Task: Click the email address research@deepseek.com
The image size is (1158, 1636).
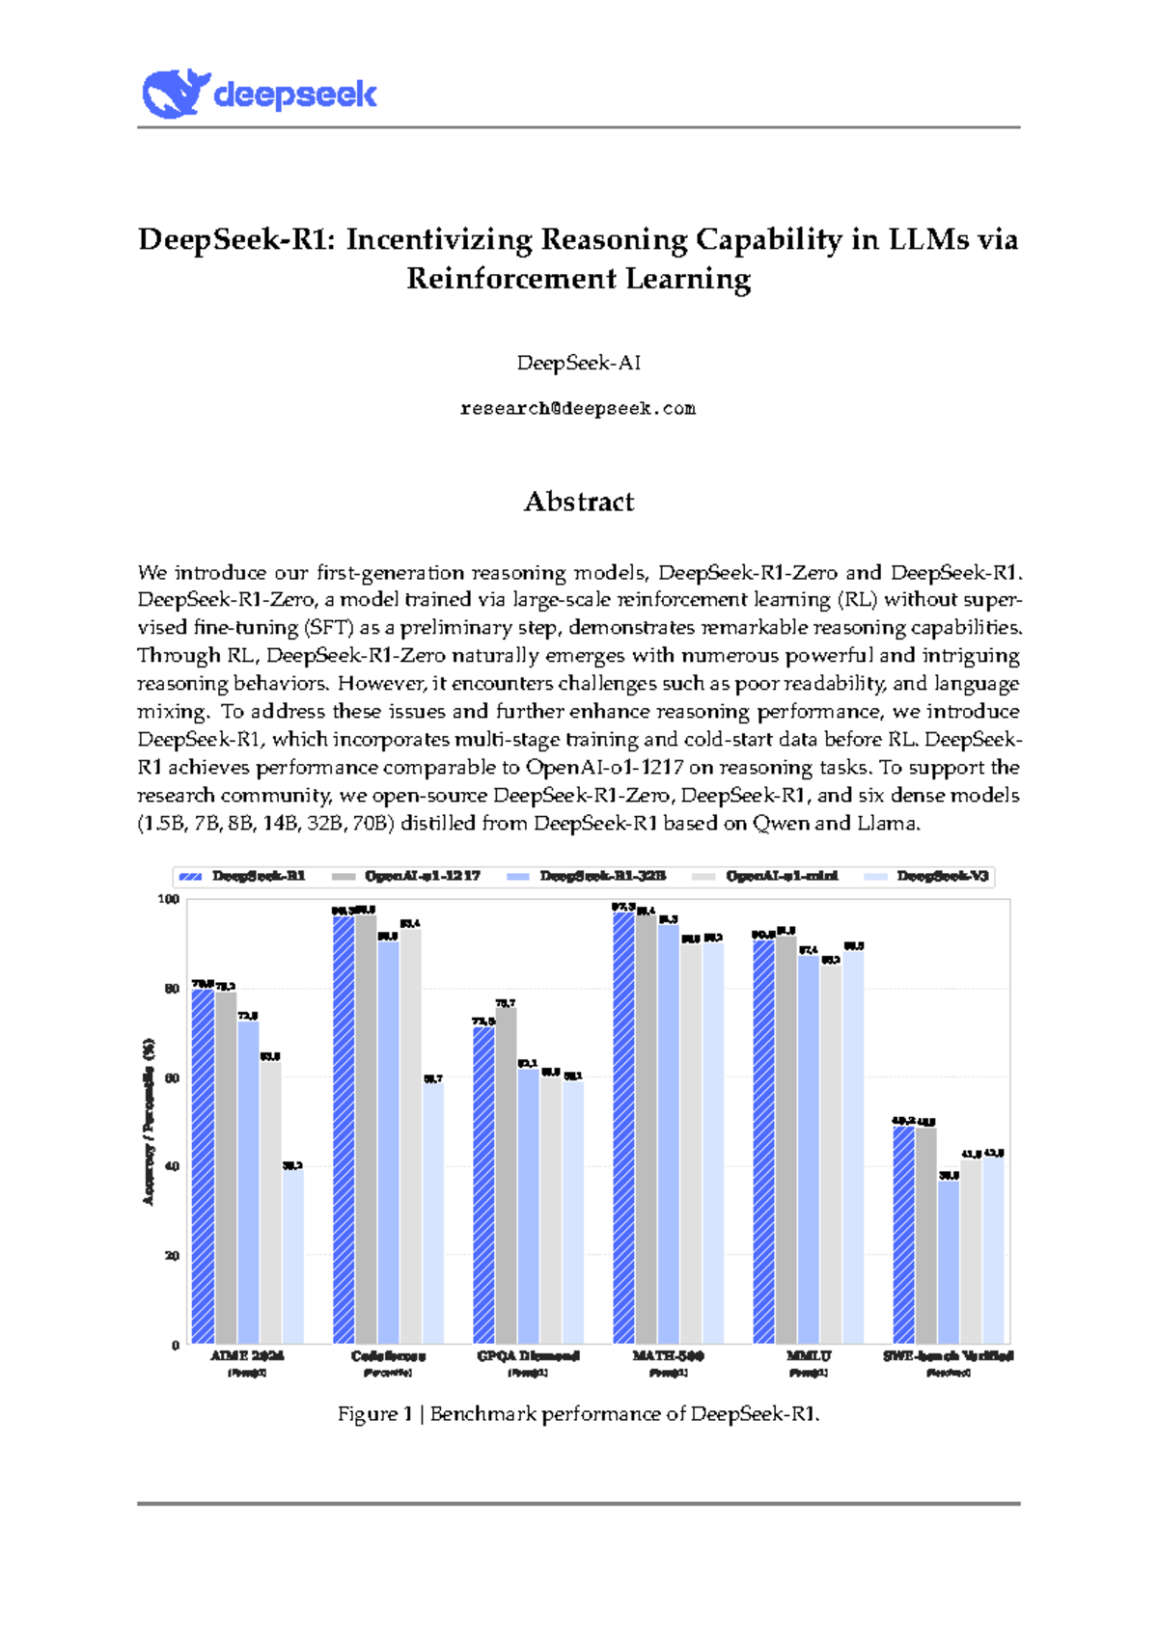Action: (x=578, y=409)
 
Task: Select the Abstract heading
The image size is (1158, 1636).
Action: (x=578, y=502)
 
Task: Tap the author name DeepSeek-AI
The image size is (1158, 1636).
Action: (x=578, y=364)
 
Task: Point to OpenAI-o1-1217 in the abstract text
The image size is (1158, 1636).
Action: (x=604, y=768)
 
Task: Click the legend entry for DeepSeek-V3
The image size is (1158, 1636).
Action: (x=942, y=876)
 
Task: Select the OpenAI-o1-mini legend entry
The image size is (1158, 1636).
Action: (x=782, y=876)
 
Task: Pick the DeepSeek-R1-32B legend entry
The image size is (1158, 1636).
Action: (x=602, y=876)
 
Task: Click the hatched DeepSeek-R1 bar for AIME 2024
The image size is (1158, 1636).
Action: (x=203, y=1167)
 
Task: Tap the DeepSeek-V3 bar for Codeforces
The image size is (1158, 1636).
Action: (x=433, y=1215)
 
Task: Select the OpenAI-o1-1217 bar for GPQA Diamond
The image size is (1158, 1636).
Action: (x=507, y=1177)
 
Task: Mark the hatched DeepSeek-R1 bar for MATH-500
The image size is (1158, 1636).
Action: (x=624, y=1129)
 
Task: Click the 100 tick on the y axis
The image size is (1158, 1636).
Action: (x=169, y=899)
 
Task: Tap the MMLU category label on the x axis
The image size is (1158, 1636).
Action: (x=809, y=1356)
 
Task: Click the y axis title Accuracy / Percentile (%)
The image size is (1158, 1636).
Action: (x=149, y=1121)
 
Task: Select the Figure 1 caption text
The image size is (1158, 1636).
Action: (x=578, y=1414)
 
